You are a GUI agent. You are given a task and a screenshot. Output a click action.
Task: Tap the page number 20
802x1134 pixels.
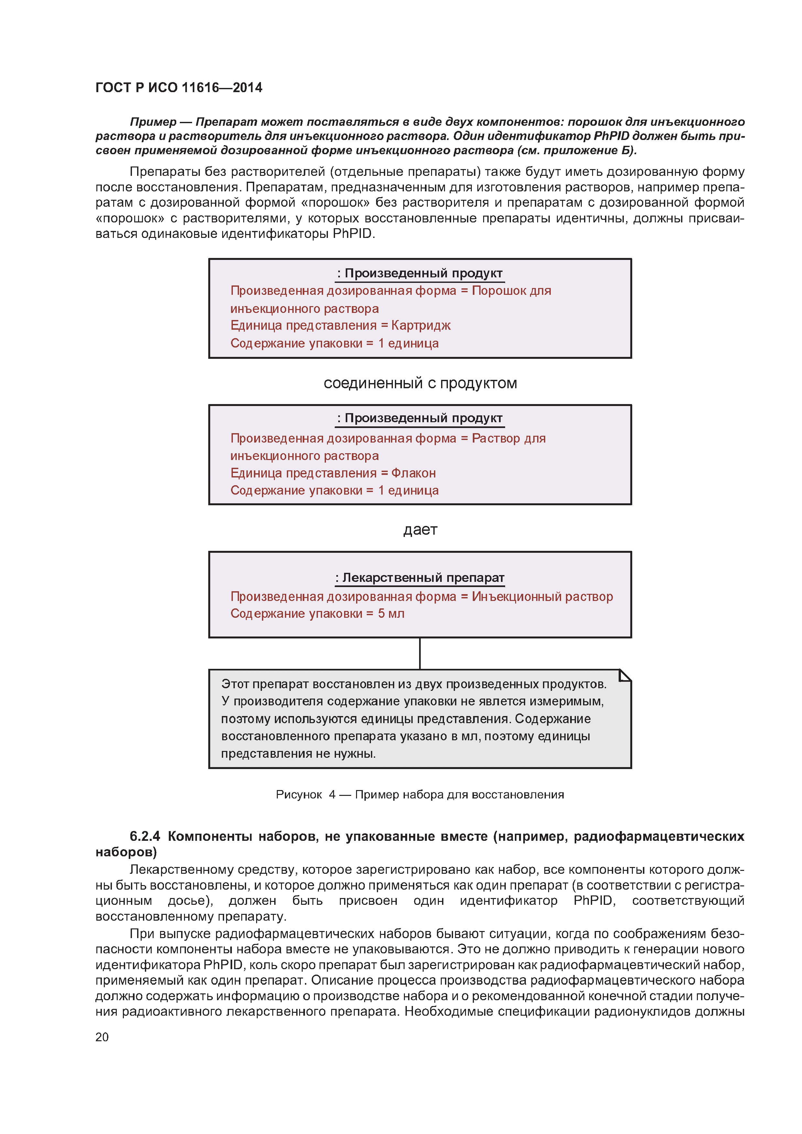coord(102,1037)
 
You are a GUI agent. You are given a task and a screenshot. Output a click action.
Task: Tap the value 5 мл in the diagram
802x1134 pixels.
coord(391,614)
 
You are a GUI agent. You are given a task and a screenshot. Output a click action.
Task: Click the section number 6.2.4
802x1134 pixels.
coord(145,836)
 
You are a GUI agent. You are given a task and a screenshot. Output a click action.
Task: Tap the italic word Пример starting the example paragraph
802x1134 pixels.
coord(153,122)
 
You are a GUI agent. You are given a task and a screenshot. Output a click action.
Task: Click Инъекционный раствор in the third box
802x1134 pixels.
coord(542,597)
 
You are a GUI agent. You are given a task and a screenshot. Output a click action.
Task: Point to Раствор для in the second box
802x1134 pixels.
coord(508,438)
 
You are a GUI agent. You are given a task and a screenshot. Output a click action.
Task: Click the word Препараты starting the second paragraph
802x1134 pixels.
coord(160,172)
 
